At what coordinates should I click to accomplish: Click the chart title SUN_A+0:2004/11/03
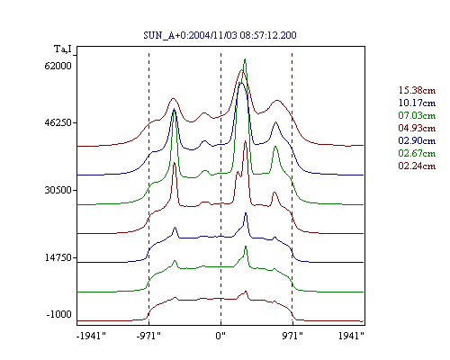191,35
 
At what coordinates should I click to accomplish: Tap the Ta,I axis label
63,49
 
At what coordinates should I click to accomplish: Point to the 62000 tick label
58,66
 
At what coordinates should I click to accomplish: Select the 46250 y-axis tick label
58,122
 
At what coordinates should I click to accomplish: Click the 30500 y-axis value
58,190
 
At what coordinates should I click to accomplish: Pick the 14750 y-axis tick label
58,257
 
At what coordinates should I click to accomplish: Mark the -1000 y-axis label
59,314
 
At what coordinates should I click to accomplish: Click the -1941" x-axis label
91,336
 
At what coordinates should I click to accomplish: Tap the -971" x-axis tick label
148,336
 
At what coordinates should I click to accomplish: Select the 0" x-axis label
220,336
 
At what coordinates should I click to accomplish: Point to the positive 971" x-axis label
292,336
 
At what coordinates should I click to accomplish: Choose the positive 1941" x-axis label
351,336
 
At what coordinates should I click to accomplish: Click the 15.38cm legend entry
417,90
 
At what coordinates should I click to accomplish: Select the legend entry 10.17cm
417,103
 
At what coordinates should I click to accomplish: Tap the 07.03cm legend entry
417,115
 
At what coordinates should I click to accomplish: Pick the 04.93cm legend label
417,128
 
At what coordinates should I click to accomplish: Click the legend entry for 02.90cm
417,140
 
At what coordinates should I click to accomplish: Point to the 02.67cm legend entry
417,153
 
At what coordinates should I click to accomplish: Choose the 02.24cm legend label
417,166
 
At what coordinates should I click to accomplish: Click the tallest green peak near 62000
245,59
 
